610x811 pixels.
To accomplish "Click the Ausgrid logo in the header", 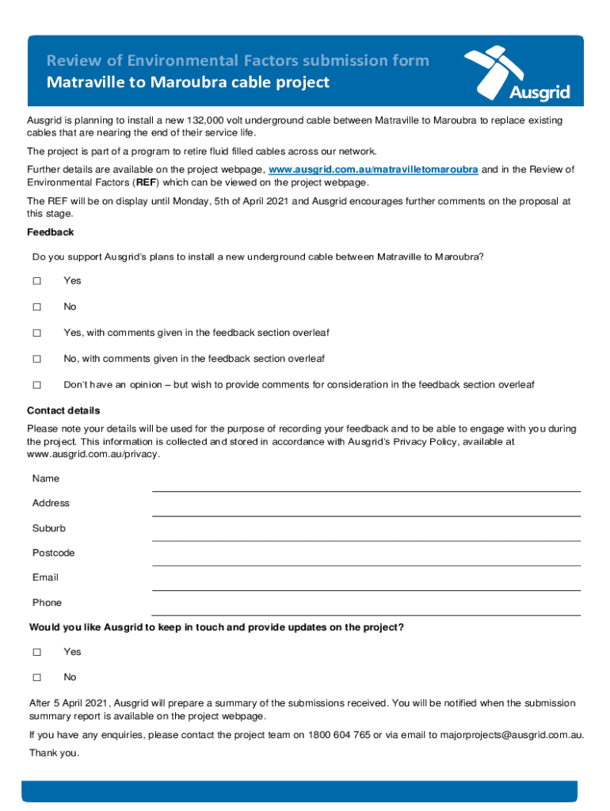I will pyautogui.click(x=517, y=73).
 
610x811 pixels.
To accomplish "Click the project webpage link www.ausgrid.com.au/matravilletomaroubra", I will pyautogui.click(x=373, y=170).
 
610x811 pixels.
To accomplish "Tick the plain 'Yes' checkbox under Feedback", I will pyautogui.click(x=36, y=281).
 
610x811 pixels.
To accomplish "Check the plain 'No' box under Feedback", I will pyautogui.click(x=36, y=307).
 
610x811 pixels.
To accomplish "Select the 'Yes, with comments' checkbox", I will pyautogui.click(x=36, y=333).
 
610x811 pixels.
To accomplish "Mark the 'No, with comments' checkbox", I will pyautogui.click(x=36, y=360).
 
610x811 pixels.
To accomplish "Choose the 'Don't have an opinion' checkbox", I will pyautogui.click(x=36, y=386).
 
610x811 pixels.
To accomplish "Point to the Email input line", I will pyautogui.click(x=366, y=584).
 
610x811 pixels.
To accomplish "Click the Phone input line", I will pyautogui.click(x=366, y=608).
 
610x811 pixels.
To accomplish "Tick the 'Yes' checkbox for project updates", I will pyautogui.click(x=36, y=653).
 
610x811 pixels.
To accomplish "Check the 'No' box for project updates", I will pyautogui.click(x=36, y=678).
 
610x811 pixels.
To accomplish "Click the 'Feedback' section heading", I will pyautogui.click(x=50, y=232).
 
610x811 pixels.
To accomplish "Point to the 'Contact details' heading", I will pyautogui.click(x=63, y=410).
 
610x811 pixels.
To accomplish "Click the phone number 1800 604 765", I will pyautogui.click(x=340, y=735).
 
